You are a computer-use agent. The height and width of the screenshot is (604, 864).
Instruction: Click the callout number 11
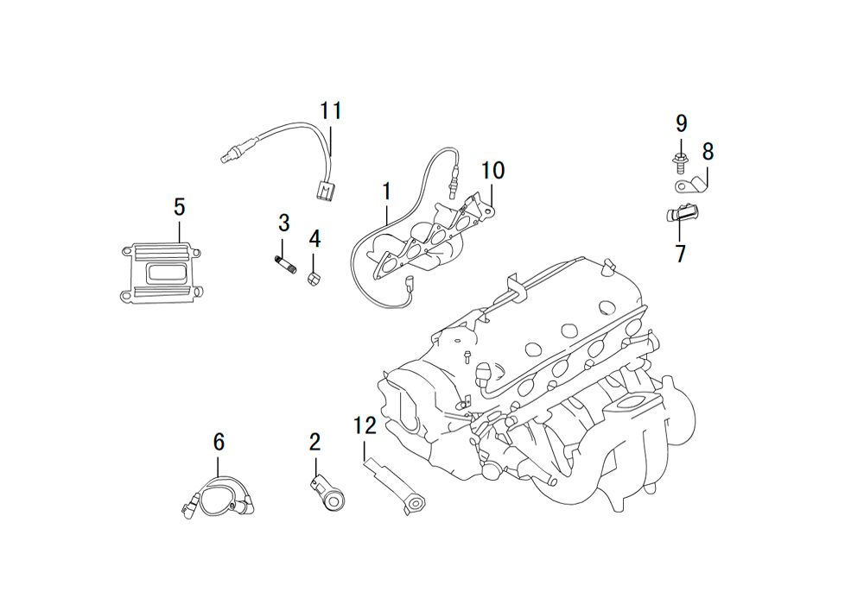(x=331, y=110)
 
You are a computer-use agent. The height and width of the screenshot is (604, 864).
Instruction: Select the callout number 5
(x=179, y=207)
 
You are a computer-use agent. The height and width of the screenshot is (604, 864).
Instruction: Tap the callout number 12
(x=365, y=425)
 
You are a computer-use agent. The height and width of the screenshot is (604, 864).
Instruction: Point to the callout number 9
(x=681, y=123)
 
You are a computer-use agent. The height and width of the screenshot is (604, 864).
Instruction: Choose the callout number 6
(x=219, y=442)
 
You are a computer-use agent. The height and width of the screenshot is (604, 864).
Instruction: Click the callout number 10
(x=492, y=171)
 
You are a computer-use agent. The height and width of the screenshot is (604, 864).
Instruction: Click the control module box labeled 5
(x=160, y=273)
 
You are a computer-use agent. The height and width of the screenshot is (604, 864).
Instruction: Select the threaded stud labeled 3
(x=285, y=263)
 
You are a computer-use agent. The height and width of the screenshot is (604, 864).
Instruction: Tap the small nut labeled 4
(x=314, y=279)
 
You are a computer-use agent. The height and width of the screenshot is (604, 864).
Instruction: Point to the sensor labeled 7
(x=682, y=212)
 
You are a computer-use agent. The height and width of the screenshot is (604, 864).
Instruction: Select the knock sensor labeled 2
(x=327, y=494)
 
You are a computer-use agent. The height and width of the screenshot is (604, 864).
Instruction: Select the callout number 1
(x=387, y=192)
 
